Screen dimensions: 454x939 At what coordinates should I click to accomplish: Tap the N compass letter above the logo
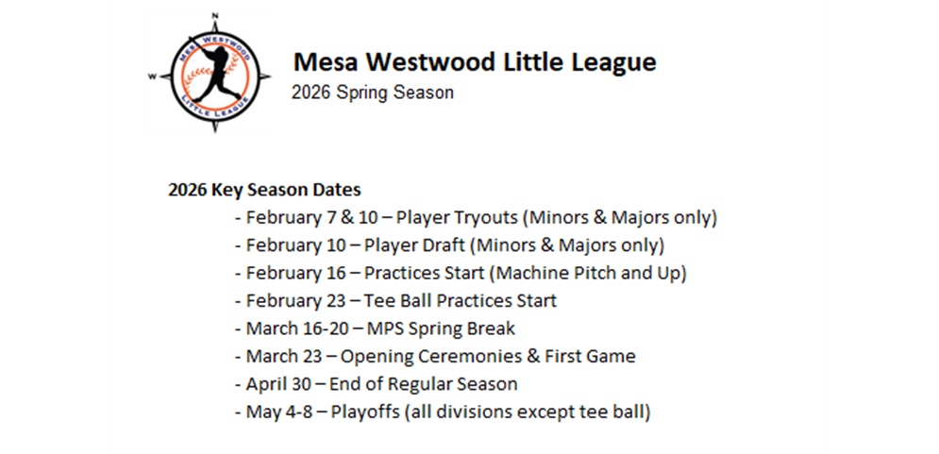(x=215, y=15)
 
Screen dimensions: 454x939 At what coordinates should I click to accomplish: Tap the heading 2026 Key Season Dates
(x=264, y=189)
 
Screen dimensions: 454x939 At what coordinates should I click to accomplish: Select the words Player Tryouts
(x=457, y=217)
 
